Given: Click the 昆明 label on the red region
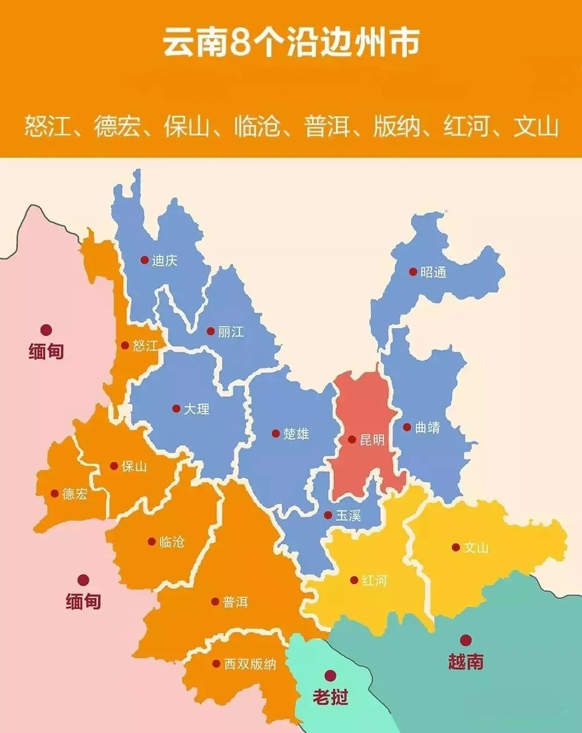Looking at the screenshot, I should click(372, 440).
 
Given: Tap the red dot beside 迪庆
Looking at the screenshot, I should click(144, 260).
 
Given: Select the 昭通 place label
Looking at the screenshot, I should click(433, 272).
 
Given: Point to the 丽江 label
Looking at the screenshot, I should click(231, 332).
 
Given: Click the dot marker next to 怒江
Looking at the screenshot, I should click(125, 345).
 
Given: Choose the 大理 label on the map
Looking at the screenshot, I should click(197, 409).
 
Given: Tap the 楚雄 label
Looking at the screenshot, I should click(296, 434).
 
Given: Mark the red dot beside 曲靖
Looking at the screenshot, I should click(407, 427).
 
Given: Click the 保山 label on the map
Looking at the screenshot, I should click(134, 466).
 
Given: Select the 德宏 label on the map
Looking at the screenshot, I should click(75, 494).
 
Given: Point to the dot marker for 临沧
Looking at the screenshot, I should click(151, 541).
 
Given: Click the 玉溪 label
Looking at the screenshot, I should click(348, 515).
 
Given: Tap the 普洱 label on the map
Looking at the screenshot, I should click(236, 602).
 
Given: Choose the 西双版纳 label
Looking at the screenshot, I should click(250, 664).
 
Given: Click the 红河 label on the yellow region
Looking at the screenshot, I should click(374, 580).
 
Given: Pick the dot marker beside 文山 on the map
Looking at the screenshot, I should click(456, 547).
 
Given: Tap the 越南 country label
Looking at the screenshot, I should click(466, 661).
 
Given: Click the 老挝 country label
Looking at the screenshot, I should click(330, 696).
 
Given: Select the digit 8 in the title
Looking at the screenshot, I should click(240, 44).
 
